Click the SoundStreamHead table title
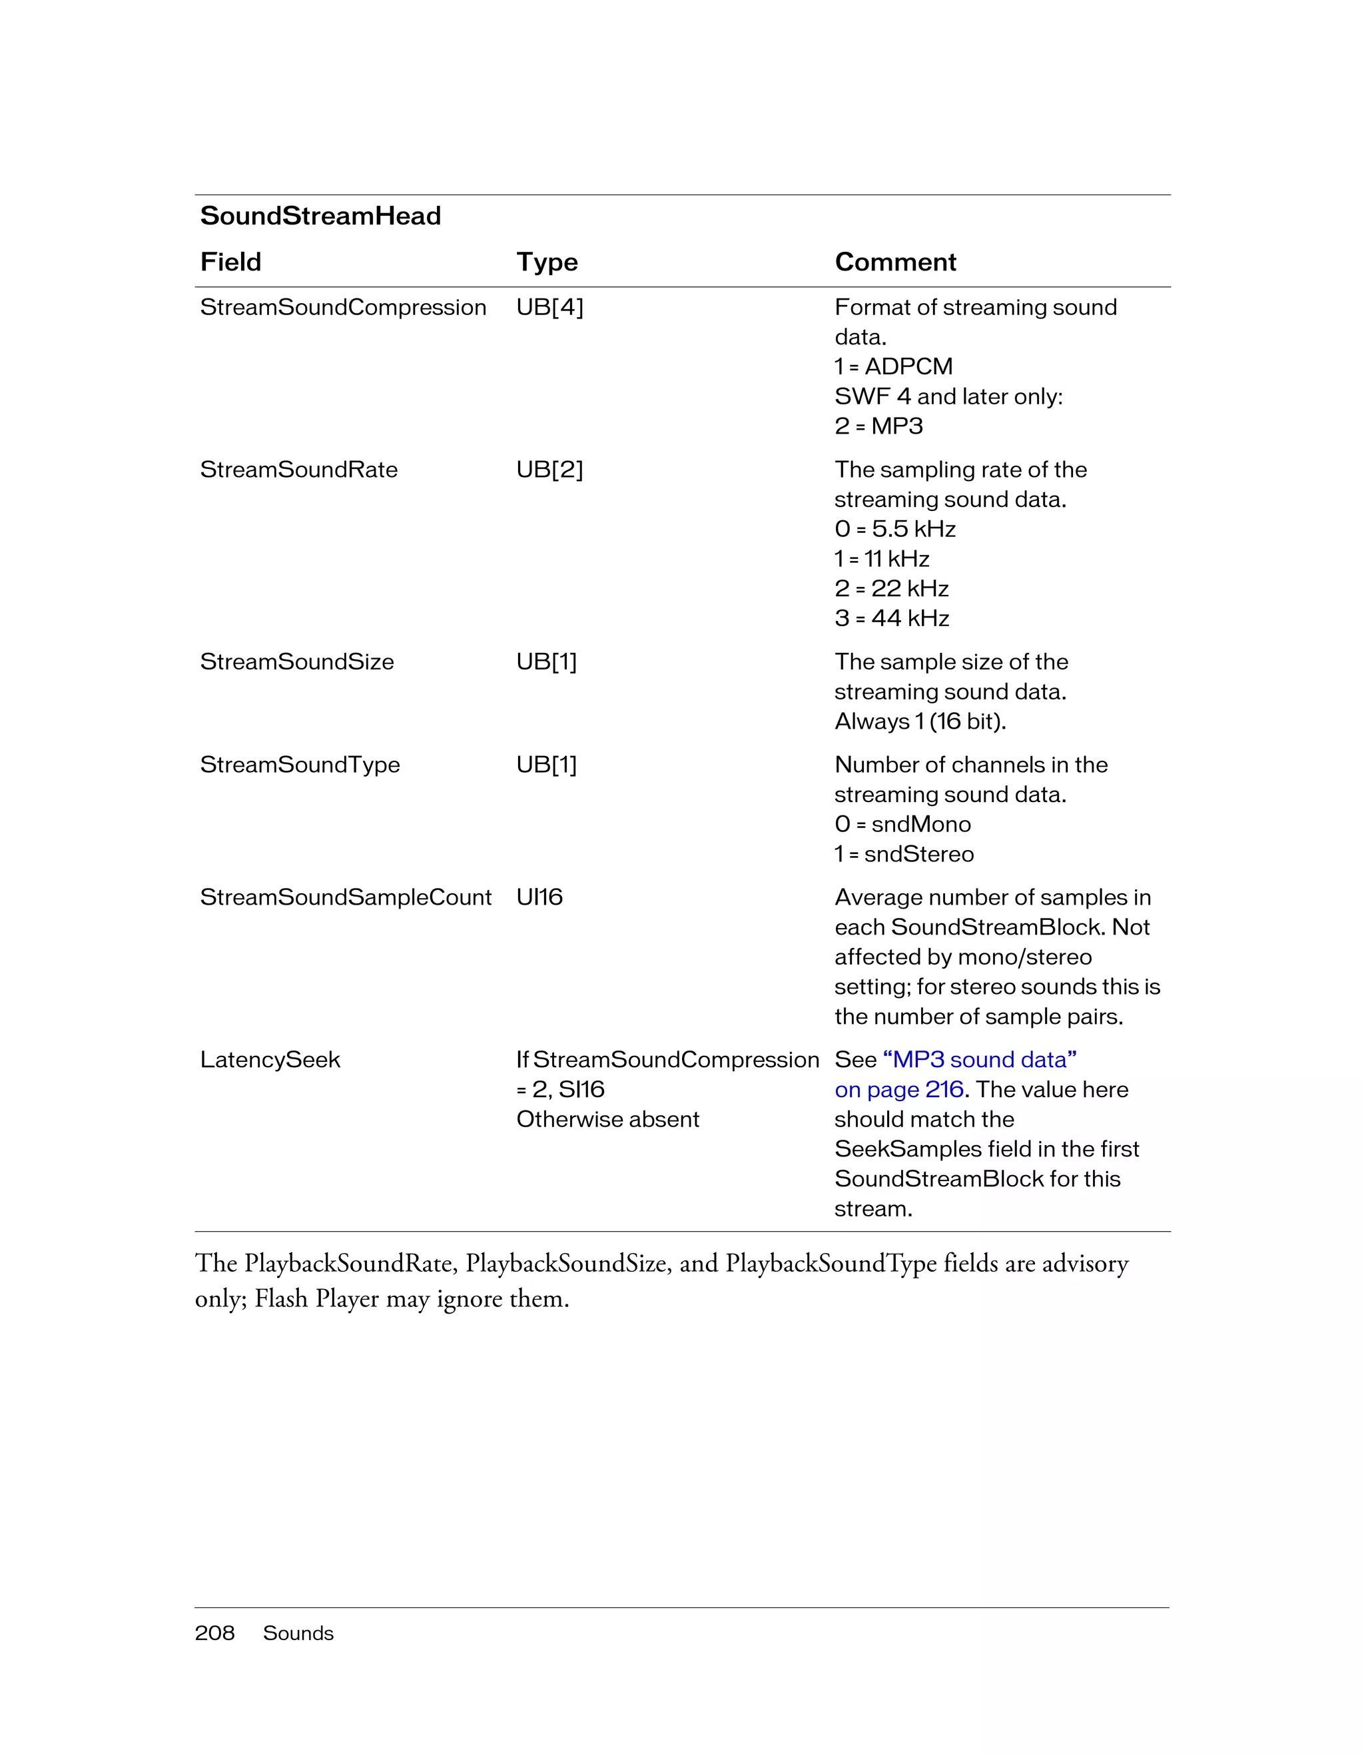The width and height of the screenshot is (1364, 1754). [320, 216]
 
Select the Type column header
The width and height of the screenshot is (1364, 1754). [547, 262]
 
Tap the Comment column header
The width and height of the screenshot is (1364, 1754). [895, 262]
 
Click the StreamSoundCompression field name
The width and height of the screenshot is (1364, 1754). [343, 308]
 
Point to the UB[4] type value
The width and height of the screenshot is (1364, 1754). [549, 308]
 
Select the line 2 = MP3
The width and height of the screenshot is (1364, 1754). [878, 426]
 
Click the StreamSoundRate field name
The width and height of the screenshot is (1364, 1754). [298, 470]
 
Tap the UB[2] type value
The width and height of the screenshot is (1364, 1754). [549, 470]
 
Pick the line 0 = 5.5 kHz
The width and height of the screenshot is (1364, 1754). [894, 529]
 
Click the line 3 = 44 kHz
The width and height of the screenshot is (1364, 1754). [891, 618]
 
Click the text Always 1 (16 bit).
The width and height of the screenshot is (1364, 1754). [920, 721]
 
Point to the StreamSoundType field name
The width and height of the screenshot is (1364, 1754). [300, 765]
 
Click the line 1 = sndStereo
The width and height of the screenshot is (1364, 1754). [903, 854]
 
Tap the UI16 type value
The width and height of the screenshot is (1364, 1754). [539, 897]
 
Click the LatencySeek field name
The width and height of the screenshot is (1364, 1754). [270, 1060]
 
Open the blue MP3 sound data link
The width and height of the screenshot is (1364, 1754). [980, 1060]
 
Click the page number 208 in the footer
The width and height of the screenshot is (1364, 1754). [214, 1633]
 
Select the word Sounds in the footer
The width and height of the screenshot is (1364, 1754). [298, 1633]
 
